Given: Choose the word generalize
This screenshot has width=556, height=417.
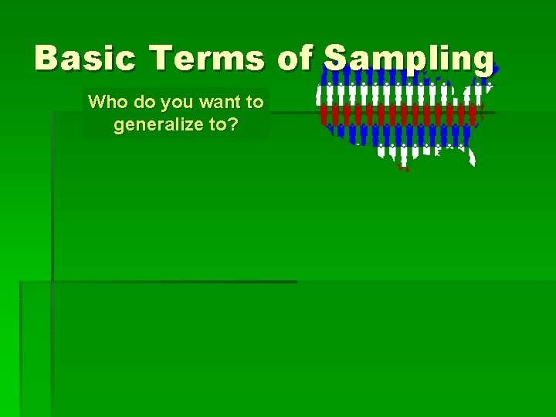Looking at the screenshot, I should coord(159,124).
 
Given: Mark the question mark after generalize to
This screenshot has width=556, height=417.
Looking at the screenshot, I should coord(233,124).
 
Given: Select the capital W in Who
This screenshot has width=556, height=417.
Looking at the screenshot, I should coord(96,102).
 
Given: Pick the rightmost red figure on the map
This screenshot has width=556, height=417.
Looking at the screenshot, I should coord(473,115).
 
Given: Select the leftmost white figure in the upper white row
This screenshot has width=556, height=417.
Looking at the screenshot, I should coord(320,95).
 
